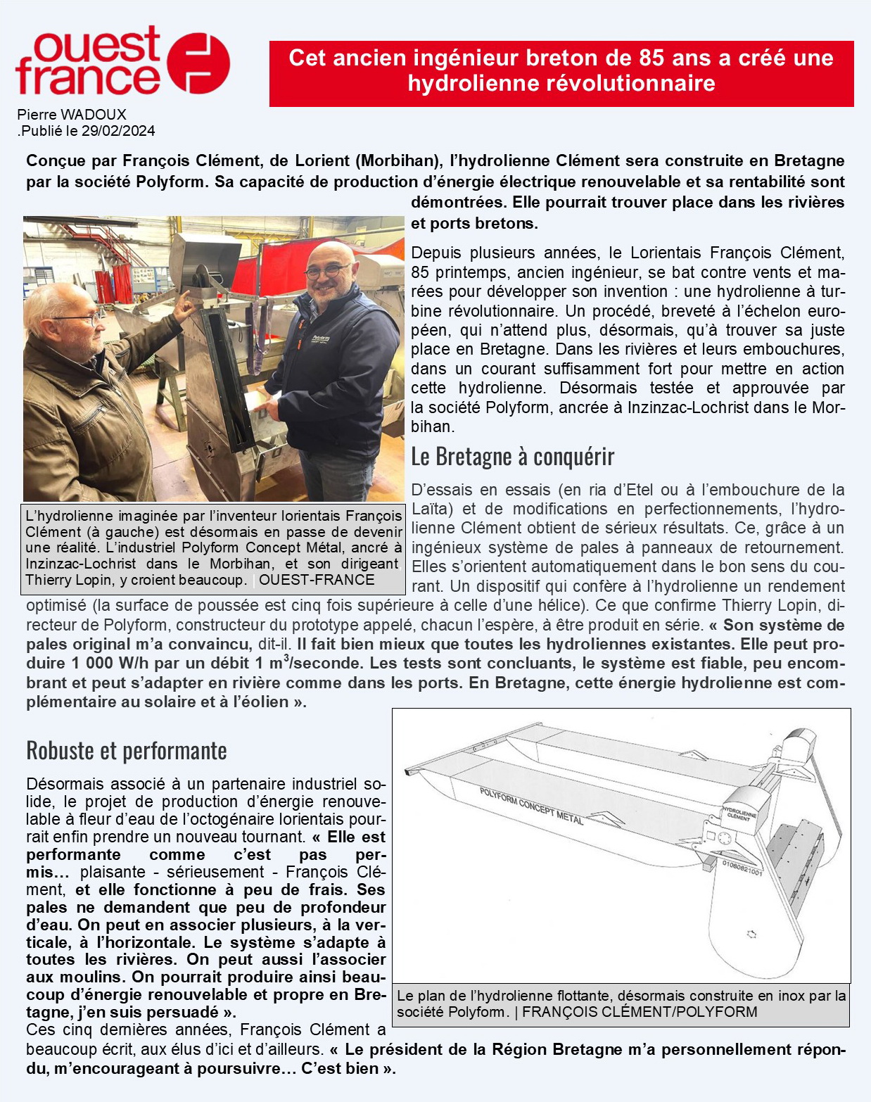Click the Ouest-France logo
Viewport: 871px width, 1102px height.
tap(122, 61)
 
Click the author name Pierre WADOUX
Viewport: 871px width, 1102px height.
tap(72, 115)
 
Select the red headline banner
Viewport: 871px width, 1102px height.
tap(561, 73)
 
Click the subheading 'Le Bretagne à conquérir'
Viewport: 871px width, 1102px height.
tap(512, 457)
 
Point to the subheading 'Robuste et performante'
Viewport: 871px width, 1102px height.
tap(127, 750)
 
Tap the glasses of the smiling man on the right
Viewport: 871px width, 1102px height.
tap(327, 269)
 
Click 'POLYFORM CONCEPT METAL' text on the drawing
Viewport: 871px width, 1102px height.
tap(531, 806)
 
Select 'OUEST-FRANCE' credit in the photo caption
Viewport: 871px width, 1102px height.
tap(317, 580)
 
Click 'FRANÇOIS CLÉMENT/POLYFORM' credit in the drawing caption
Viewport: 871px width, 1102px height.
tap(640, 1012)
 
